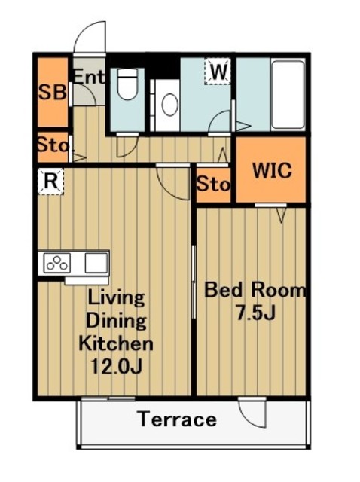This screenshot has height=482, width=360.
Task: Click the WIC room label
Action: [x=273, y=170]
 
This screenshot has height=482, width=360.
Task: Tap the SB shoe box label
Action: [x=52, y=91]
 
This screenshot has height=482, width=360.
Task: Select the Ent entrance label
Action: [x=89, y=77]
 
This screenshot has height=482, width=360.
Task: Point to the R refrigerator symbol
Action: [x=51, y=181]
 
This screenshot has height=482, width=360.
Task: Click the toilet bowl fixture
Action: [x=127, y=84]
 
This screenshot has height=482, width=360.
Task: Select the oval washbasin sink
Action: [x=170, y=105]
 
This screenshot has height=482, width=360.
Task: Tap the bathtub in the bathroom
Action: [x=288, y=95]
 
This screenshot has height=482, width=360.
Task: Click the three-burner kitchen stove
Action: [x=57, y=263]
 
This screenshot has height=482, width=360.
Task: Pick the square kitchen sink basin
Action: [x=96, y=263]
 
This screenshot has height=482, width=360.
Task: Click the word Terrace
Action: [x=178, y=419]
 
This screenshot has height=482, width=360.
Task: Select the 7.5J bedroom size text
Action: [x=255, y=313]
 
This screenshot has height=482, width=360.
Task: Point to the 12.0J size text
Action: [x=117, y=367]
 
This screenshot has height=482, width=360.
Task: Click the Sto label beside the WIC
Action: [x=213, y=184]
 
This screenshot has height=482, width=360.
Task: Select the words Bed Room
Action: [x=255, y=290]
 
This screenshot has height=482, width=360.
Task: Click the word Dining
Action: [x=116, y=320]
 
